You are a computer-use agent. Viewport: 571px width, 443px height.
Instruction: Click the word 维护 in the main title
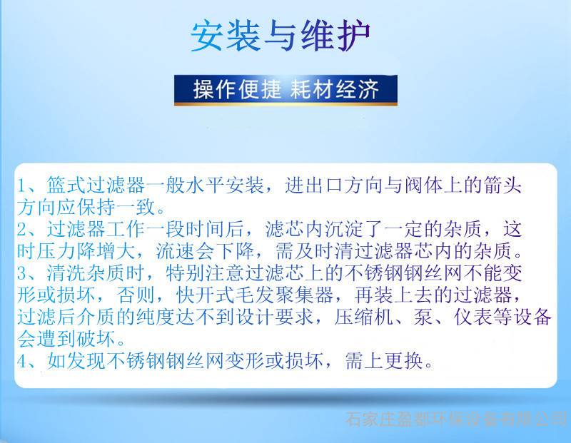coord(335,36)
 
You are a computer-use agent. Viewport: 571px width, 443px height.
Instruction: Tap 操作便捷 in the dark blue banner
coord(237,89)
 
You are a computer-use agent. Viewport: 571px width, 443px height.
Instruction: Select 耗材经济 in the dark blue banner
coord(335,89)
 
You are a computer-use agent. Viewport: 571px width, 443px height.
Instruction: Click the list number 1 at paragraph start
coord(22,185)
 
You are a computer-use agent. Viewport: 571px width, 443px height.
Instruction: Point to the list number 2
coord(22,229)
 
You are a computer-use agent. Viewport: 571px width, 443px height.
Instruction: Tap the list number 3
coord(22,273)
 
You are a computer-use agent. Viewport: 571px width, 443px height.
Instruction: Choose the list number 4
coord(22,361)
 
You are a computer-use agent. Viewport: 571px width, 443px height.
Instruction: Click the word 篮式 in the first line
coord(66,185)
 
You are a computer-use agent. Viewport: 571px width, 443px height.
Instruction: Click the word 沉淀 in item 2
coord(344,229)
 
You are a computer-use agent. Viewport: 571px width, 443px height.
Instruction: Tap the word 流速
coord(176,251)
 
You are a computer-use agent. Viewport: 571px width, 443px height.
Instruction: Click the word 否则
coord(136,295)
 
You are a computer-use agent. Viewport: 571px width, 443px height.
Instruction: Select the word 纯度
coord(156,317)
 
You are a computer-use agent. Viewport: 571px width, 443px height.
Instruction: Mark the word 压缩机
coord(364,317)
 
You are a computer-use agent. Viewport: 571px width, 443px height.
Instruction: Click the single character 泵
coord(423,317)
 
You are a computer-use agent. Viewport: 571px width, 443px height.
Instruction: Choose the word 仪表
coord(473,317)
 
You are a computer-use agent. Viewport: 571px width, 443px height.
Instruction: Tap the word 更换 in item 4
coord(403,361)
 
